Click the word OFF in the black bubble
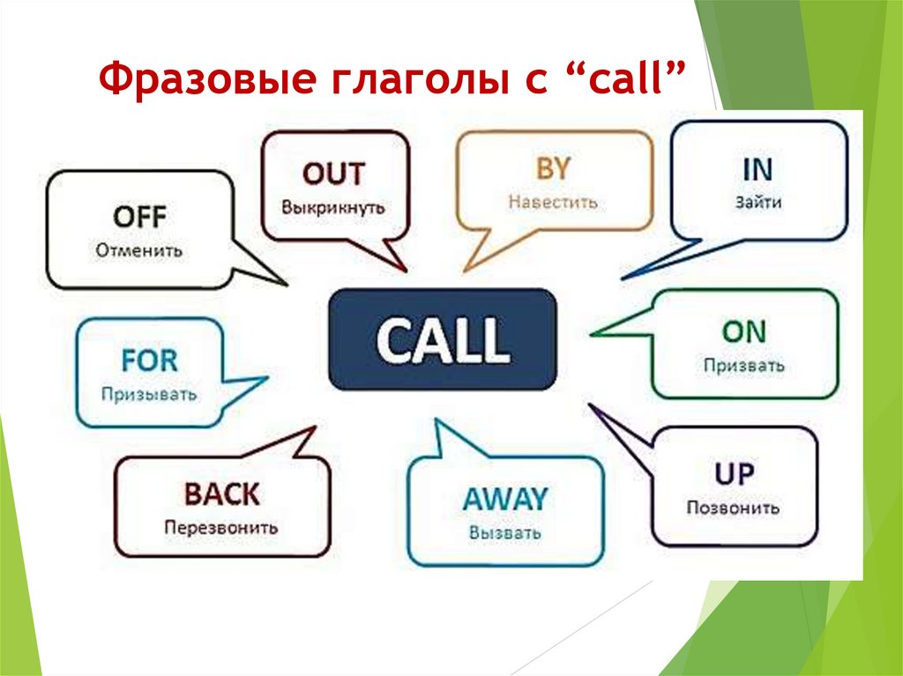click(139, 217)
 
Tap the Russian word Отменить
click(139, 250)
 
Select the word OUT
click(333, 175)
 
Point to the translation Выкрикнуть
click(333, 208)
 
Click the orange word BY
click(553, 168)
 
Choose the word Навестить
click(553, 202)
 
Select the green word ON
click(744, 331)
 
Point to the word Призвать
click(744, 365)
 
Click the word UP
click(734, 475)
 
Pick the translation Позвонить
click(734, 509)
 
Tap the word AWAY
click(505, 500)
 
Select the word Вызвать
click(505, 533)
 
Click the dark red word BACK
click(220, 494)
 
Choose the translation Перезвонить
click(220, 528)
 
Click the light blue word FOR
click(150, 360)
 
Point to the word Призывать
click(149, 393)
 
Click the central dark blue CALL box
click(442, 339)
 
